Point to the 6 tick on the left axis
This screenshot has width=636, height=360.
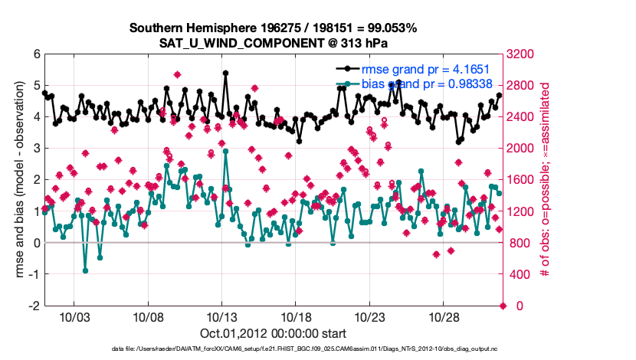[36, 54]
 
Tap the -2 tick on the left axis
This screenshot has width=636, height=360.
[34, 306]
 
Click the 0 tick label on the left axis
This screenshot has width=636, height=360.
[36, 243]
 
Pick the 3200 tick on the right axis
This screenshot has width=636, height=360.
[524, 54]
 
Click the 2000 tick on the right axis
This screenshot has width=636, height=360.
[524, 149]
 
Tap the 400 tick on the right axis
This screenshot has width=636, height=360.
[521, 274]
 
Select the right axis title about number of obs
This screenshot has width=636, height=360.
[546, 180]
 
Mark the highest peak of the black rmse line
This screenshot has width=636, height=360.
[225, 73]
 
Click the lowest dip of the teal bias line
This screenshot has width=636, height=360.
[85, 270]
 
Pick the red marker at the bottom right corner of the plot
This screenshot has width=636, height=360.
[503, 306]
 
